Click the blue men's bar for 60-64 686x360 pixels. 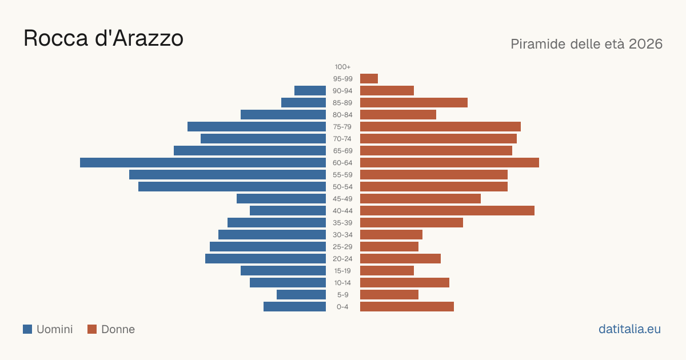(x=203, y=162)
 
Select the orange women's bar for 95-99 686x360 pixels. (x=369, y=79)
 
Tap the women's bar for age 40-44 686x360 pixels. (x=447, y=211)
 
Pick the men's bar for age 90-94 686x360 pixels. (x=310, y=91)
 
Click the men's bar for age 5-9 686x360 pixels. (x=301, y=294)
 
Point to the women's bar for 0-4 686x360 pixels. (x=407, y=307)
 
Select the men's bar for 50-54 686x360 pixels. (x=232, y=187)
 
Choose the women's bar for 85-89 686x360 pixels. (x=414, y=102)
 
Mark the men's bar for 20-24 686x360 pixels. (x=265, y=259)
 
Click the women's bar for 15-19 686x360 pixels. (x=387, y=271)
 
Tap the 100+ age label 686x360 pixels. (x=342, y=67)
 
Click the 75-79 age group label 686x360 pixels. (x=342, y=127)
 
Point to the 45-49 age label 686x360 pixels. (x=342, y=199)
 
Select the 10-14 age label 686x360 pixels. (x=342, y=282)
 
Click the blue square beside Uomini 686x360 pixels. (x=27, y=329)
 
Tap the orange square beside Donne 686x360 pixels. (x=92, y=329)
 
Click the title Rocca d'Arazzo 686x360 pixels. (x=103, y=38)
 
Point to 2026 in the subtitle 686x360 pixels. (x=645, y=44)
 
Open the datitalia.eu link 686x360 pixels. (x=629, y=329)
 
